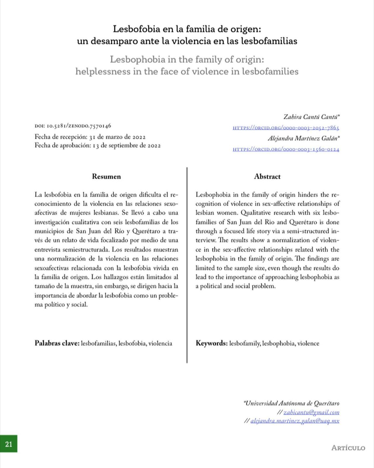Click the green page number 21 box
(8, 444)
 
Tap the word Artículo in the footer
(348, 448)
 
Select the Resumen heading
(106, 176)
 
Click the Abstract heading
(267, 176)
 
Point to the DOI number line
(73, 126)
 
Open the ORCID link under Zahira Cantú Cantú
(286, 128)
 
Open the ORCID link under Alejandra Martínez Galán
(286, 149)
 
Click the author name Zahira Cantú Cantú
(311, 117)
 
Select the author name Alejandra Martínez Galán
(304, 138)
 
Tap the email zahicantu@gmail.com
(311, 412)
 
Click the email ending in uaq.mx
(295, 421)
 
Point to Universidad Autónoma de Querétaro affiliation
(292, 403)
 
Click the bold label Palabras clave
(57, 343)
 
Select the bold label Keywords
(212, 343)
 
